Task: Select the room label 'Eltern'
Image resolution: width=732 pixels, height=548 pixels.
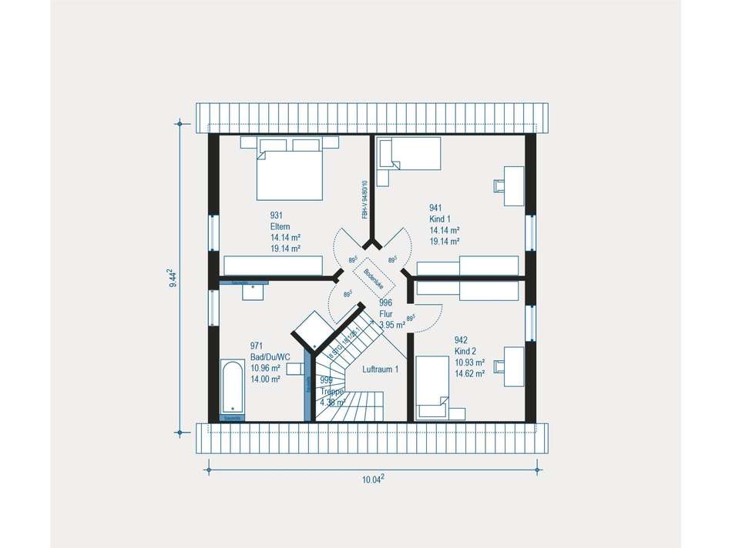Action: point(280,226)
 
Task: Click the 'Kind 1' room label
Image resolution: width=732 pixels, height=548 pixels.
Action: point(441,219)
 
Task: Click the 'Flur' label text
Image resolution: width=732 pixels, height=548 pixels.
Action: point(386,314)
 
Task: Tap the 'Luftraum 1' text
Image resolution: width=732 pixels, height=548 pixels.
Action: point(380,369)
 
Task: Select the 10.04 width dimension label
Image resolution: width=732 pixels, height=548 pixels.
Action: point(373,479)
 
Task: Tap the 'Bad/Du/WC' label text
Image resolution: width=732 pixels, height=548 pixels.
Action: point(270,357)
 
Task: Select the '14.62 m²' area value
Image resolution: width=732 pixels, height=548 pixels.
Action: point(469,373)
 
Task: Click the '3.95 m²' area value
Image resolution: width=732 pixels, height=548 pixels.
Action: point(392,325)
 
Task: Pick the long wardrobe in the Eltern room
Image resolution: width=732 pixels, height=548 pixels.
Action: point(271,266)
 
